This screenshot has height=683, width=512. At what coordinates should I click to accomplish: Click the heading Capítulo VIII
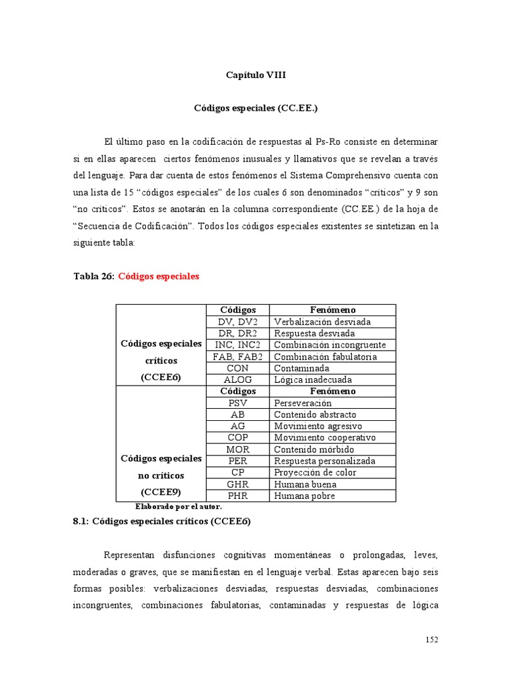[255, 75]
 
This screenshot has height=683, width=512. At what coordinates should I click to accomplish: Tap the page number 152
[431, 640]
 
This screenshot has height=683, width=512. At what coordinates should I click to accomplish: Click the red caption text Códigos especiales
[159, 276]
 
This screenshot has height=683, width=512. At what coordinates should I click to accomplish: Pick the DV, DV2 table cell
[237, 321]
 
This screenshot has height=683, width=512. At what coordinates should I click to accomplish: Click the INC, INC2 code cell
[237, 345]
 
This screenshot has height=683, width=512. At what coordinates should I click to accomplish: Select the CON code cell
[237, 368]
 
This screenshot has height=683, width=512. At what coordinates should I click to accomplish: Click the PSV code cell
[237, 403]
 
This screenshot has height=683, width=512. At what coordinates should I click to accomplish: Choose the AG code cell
[237, 426]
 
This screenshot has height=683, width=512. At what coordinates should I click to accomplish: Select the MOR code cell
[237, 449]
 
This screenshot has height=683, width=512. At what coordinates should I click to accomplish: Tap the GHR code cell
[237, 484]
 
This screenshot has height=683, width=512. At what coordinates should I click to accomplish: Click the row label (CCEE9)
[160, 493]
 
